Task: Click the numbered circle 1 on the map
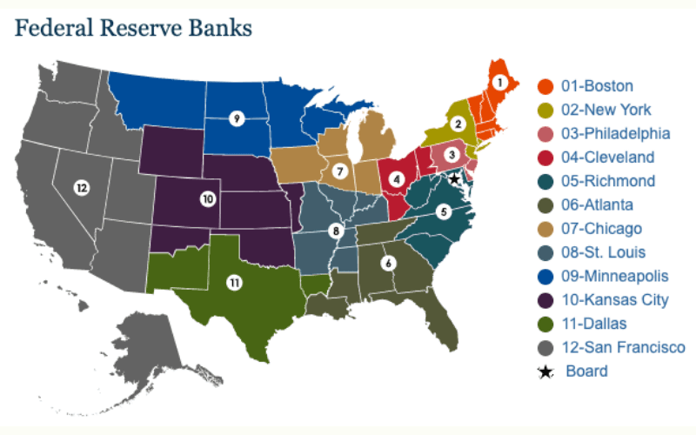pos(499,83)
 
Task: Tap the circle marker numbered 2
pos(458,124)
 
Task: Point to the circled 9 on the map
pos(236,118)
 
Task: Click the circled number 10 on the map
pos(207,199)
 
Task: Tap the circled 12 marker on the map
pos(81,187)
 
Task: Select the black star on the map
pos(453,178)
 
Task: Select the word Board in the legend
pos(586,371)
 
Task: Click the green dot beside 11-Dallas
pos(545,325)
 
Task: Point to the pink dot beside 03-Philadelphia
pos(545,134)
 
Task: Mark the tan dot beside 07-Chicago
pos(545,229)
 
